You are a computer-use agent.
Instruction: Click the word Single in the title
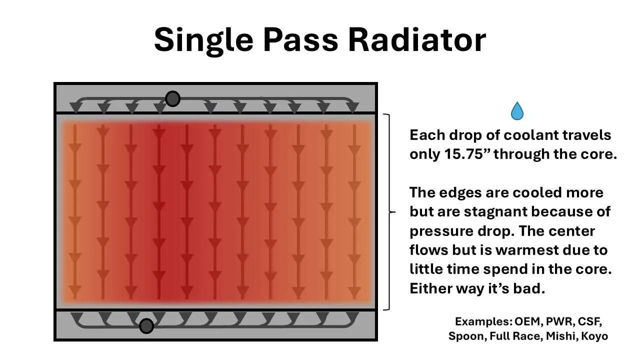(x=203, y=40)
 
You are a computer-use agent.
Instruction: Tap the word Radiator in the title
(x=417, y=39)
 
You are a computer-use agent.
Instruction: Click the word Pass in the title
(x=300, y=39)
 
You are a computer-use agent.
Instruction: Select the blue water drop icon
(x=517, y=111)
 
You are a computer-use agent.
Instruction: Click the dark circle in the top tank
(x=172, y=99)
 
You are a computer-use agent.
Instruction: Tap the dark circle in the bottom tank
(x=146, y=326)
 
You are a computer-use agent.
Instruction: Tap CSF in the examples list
(x=589, y=321)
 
